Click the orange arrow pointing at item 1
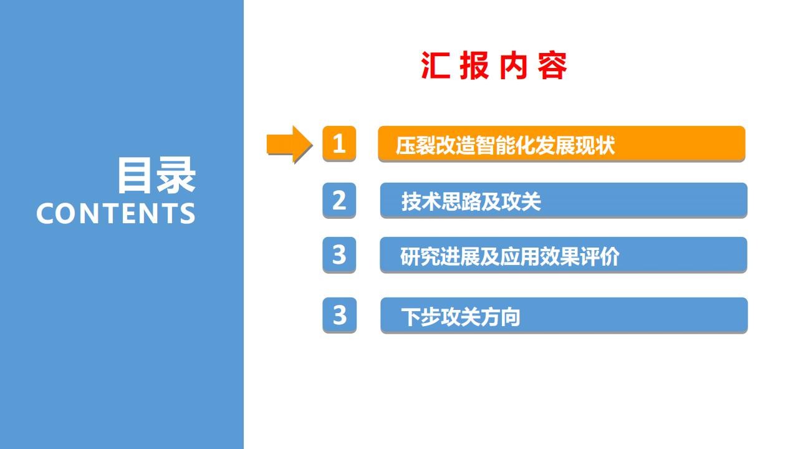coord(289,144)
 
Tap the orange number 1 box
coord(339,143)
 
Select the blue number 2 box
coord(339,200)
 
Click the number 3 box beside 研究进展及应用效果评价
coord(339,254)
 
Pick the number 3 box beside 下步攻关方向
coord(340,315)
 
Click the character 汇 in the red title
coord(435,65)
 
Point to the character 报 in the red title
coord(474,65)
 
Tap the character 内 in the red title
coord(513,65)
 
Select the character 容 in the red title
coord(552,65)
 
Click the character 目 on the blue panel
coord(134,175)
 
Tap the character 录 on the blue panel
coord(176,175)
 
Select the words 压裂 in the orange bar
coord(415,145)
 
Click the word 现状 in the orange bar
coord(595,145)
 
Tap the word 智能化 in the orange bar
coord(505,145)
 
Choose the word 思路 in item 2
coord(461,201)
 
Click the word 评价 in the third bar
coord(600,256)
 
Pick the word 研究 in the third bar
coord(420,256)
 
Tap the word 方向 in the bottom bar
coord(501,317)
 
